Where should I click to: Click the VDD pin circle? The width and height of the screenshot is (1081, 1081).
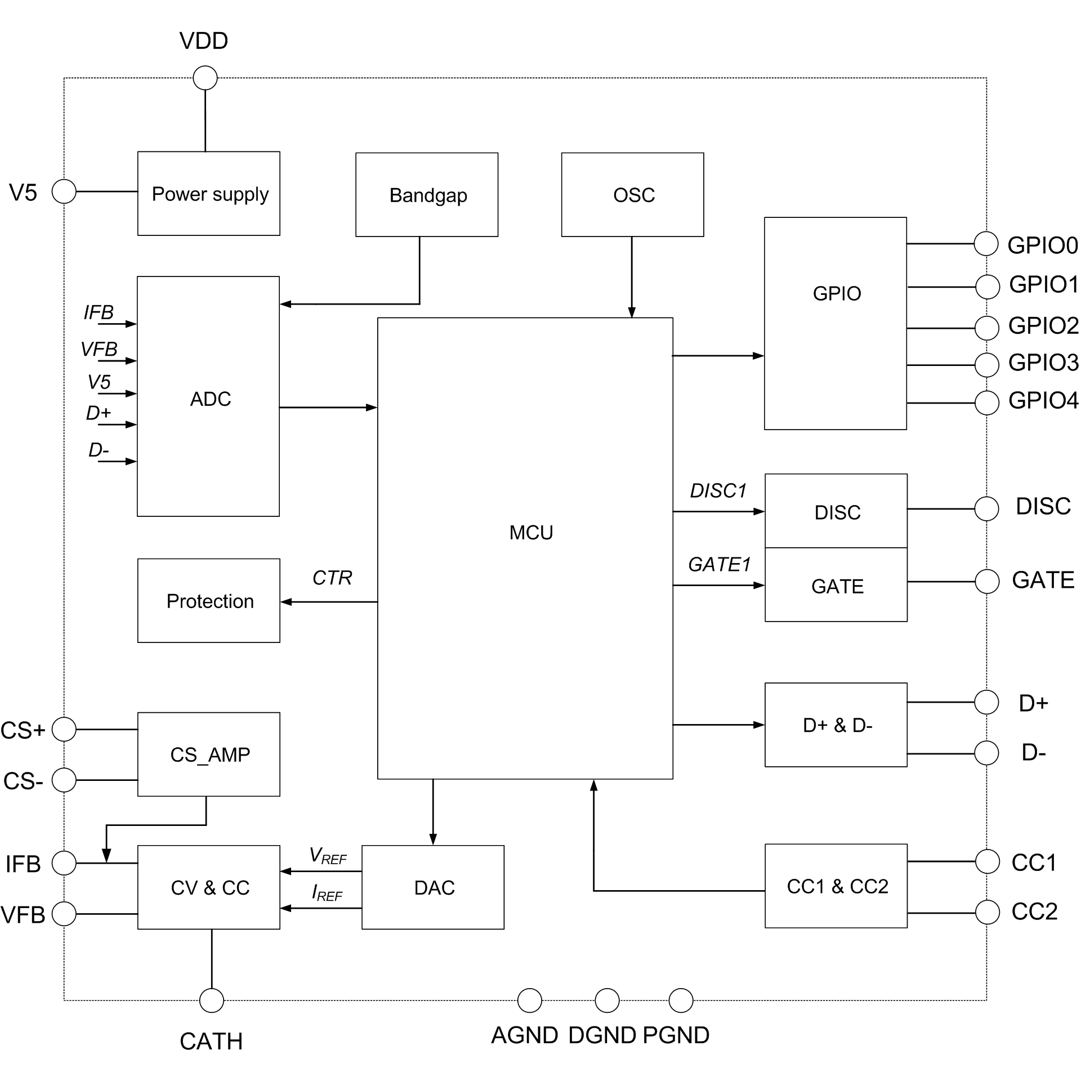pyautogui.click(x=205, y=78)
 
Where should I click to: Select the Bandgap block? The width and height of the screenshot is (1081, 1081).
pyautogui.click(x=427, y=195)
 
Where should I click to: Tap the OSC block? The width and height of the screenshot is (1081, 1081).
pyautogui.click(x=632, y=195)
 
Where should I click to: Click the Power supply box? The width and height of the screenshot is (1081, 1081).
pyautogui.click(x=209, y=194)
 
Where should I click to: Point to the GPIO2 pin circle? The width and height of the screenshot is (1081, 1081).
pyautogui.click(x=986, y=328)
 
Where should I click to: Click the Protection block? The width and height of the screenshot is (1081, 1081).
pyautogui.click(x=209, y=601)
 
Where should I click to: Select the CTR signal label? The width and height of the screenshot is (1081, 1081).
pyautogui.click(x=332, y=578)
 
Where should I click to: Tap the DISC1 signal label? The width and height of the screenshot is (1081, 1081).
pyautogui.click(x=718, y=491)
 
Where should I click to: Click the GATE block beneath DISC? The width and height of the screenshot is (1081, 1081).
pyautogui.click(x=836, y=586)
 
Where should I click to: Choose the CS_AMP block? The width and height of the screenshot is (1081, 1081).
pyautogui.click(x=209, y=754)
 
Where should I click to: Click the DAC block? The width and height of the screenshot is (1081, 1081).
pyautogui.click(x=433, y=888)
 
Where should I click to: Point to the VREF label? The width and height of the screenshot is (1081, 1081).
pyautogui.click(x=328, y=856)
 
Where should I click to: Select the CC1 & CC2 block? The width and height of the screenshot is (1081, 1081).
pyautogui.click(x=836, y=886)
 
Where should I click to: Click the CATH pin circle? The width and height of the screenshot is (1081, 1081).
pyautogui.click(x=212, y=1000)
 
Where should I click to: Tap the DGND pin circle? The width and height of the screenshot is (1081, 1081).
pyautogui.click(x=607, y=1000)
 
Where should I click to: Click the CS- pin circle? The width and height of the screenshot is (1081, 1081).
pyautogui.click(x=64, y=780)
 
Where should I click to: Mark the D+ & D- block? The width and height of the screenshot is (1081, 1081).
pyautogui.click(x=836, y=725)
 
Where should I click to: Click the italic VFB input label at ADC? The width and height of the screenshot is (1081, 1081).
pyautogui.click(x=99, y=349)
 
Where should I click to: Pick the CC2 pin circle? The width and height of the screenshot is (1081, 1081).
pyautogui.click(x=987, y=913)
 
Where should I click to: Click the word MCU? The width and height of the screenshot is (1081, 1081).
pyautogui.click(x=531, y=533)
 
